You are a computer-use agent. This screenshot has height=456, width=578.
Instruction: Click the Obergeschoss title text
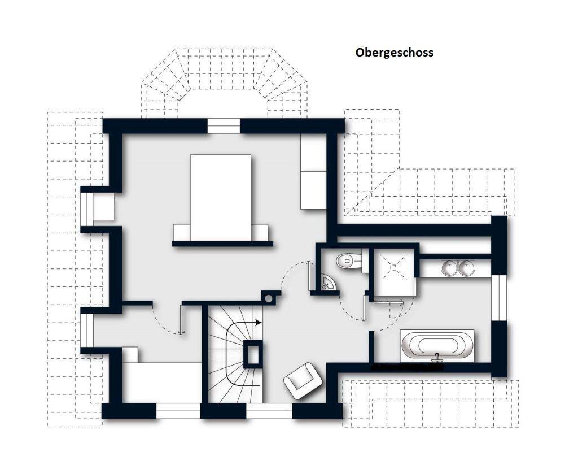[395, 53]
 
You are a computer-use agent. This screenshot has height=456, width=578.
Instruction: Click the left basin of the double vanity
[449, 267]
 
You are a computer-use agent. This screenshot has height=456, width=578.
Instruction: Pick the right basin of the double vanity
[466, 267]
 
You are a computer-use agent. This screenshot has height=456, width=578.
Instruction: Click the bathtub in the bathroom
[437, 346]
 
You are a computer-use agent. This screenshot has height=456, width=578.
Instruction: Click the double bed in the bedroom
[221, 198]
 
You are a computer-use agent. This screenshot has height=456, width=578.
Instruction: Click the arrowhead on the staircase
[259, 323]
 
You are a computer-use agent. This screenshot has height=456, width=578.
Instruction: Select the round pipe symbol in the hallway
[269, 298]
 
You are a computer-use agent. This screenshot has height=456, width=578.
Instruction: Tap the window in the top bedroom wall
[224, 126]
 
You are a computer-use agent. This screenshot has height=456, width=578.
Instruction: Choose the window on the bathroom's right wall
[499, 298]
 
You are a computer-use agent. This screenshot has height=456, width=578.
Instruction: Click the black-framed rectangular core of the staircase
[253, 354]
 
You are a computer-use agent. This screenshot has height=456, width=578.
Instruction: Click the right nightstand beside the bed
[260, 232]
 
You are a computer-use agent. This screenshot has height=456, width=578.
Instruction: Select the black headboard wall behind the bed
[222, 244]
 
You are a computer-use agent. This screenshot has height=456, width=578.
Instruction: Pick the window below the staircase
[269, 411]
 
